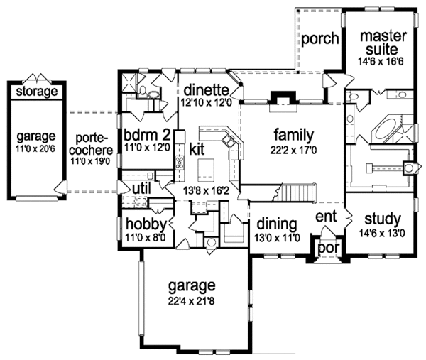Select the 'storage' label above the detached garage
[33, 92]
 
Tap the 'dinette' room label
[205, 90]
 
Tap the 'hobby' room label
[146, 223]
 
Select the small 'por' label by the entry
[328, 249]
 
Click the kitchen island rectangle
[207, 168]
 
